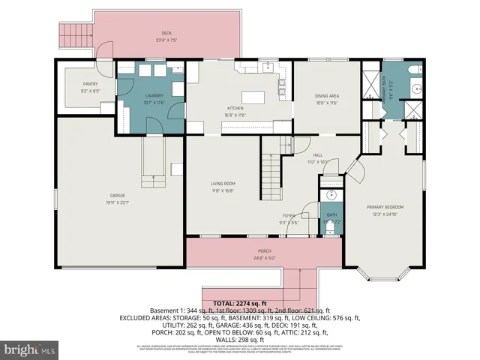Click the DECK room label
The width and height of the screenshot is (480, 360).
(x=166, y=33)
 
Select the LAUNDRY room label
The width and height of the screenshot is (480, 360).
(x=154, y=95)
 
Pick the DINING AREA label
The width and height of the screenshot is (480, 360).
(x=327, y=95)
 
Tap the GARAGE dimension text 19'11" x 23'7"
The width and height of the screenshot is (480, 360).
(x=114, y=203)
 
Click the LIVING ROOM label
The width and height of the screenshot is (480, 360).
(x=223, y=184)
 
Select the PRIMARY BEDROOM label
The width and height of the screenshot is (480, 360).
(x=385, y=207)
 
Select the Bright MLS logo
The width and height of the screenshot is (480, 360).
(x=28, y=349)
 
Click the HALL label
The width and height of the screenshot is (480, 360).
(x=318, y=155)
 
